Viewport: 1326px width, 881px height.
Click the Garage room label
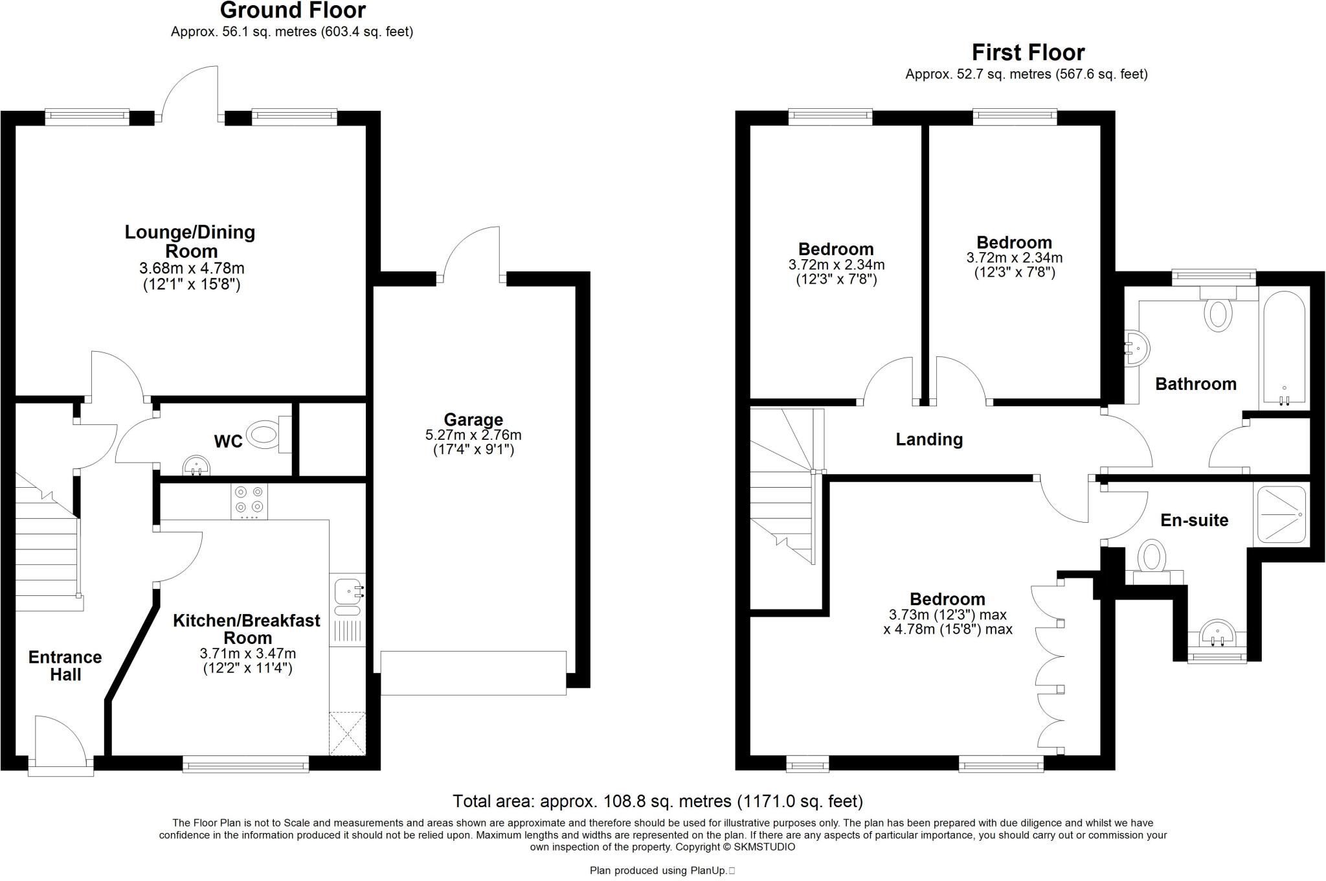473,420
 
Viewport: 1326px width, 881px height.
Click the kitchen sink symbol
348,591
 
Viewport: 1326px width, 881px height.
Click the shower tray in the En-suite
1280,514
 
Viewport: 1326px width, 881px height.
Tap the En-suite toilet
1152,558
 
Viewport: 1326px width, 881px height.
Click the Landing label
928,440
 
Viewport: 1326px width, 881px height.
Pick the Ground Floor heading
293,10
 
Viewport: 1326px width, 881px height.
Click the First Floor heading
1028,52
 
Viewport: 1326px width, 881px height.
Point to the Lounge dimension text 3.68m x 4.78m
192,268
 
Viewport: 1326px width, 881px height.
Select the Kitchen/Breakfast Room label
247,629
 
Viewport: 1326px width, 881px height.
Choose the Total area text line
657,801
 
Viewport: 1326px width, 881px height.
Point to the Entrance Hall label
65,666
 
